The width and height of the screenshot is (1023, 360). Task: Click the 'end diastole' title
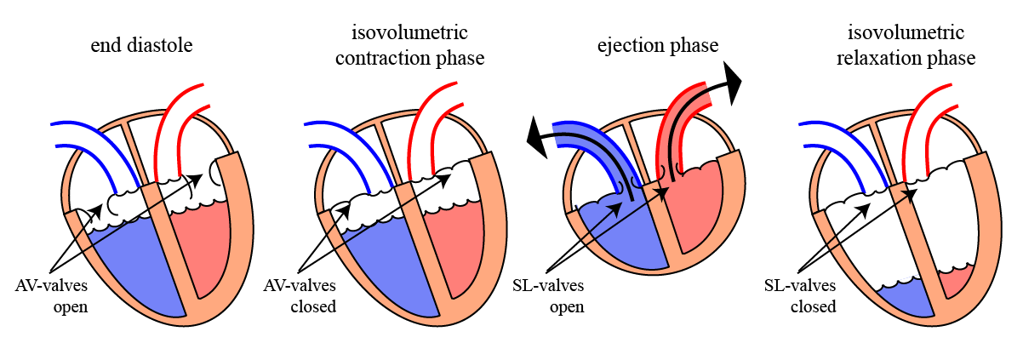(x=142, y=45)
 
